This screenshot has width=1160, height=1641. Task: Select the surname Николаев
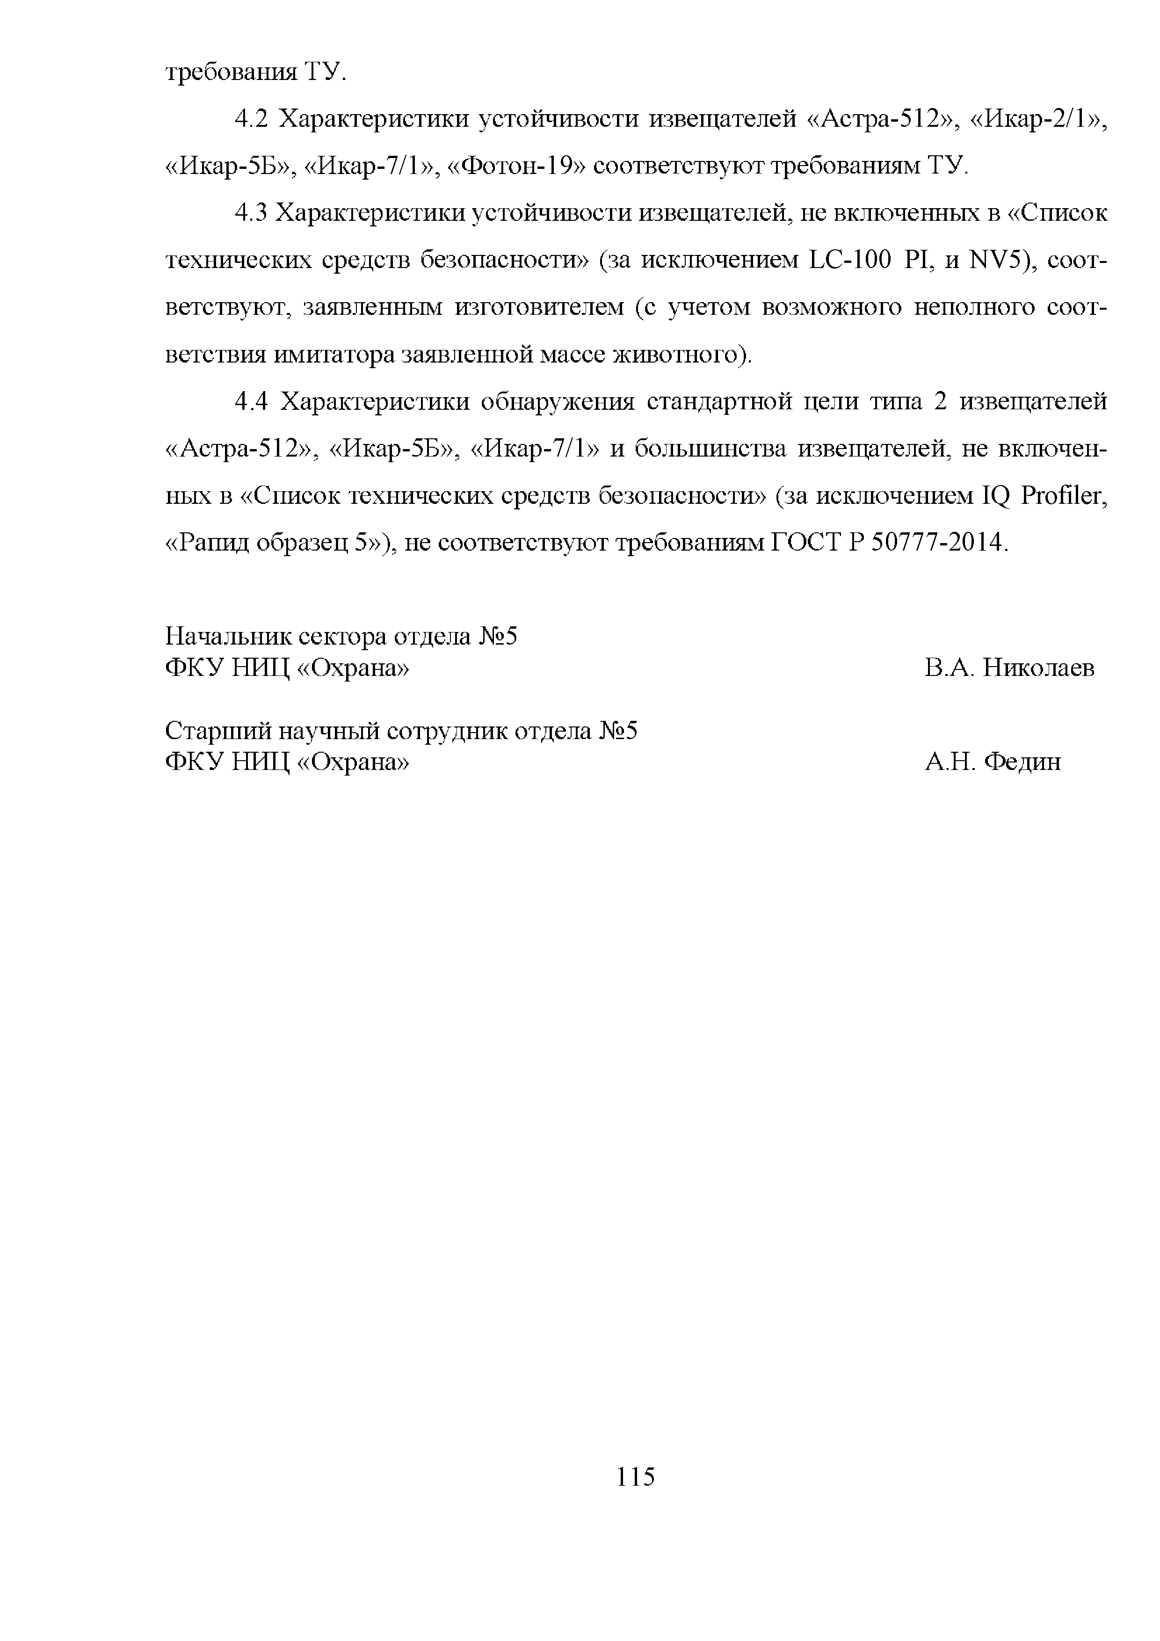click(1038, 668)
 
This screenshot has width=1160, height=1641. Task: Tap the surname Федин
click(1022, 762)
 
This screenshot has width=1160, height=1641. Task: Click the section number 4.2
click(251, 119)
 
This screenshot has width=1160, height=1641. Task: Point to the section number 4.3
click(251, 212)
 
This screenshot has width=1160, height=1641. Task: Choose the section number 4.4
click(251, 402)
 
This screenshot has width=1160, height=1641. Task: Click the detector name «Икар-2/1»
click(1038, 119)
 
